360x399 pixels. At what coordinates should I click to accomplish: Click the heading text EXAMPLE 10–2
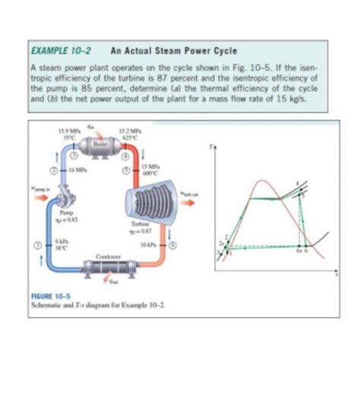coord(56,52)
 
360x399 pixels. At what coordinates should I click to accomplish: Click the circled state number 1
coord(33,245)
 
